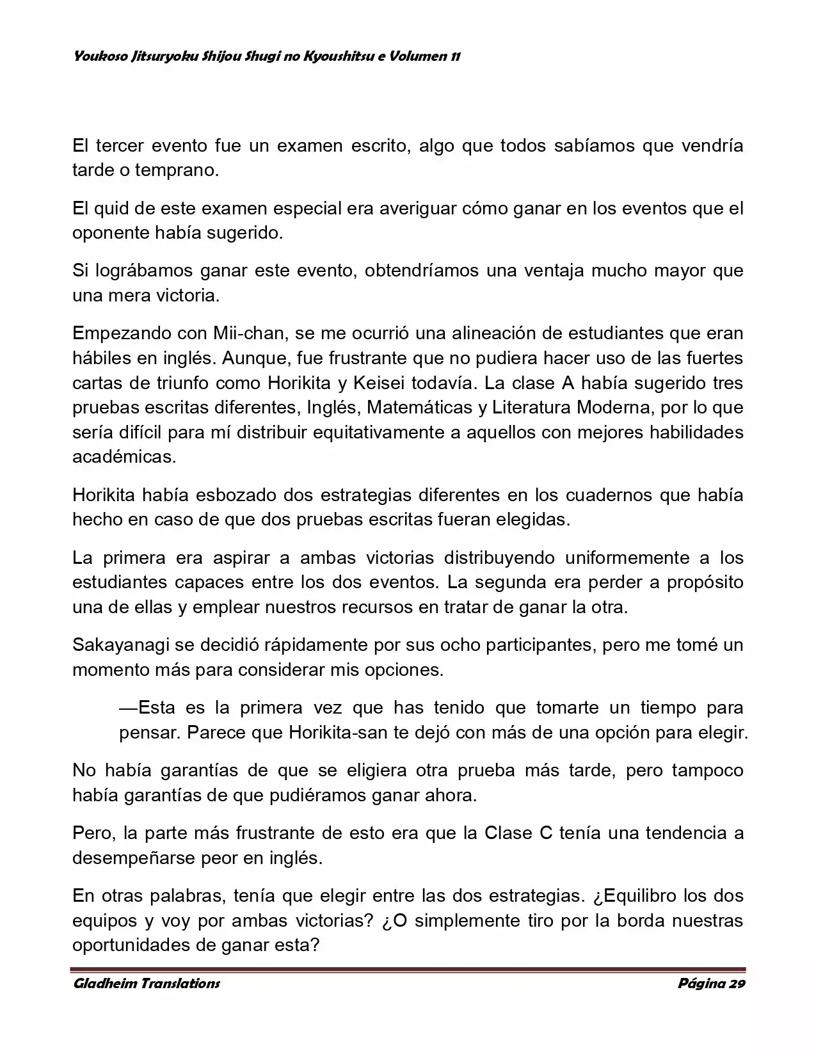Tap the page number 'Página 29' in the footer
(x=711, y=983)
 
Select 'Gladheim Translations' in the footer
(x=147, y=983)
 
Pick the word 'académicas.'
(x=124, y=456)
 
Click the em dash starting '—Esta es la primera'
(x=128, y=708)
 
